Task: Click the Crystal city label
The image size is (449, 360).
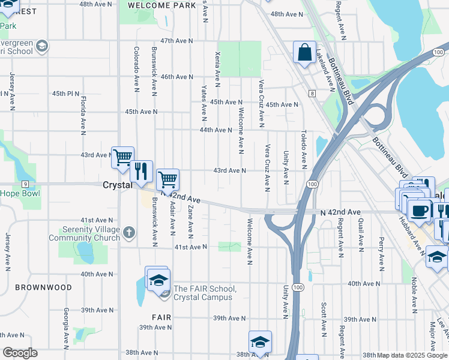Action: click(x=117, y=185)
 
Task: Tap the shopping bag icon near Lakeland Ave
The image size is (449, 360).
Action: click(x=304, y=52)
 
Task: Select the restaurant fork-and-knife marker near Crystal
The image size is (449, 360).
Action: click(x=141, y=172)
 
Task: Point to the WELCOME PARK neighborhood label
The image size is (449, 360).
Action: click(x=162, y=5)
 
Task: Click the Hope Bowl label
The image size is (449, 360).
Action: click(x=20, y=193)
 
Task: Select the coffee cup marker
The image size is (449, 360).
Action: click(x=419, y=211)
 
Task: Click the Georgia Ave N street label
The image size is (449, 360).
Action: click(x=65, y=327)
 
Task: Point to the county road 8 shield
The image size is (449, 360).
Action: click(x=312, y=93)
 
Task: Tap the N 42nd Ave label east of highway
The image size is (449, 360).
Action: click(x=340, y=212)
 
